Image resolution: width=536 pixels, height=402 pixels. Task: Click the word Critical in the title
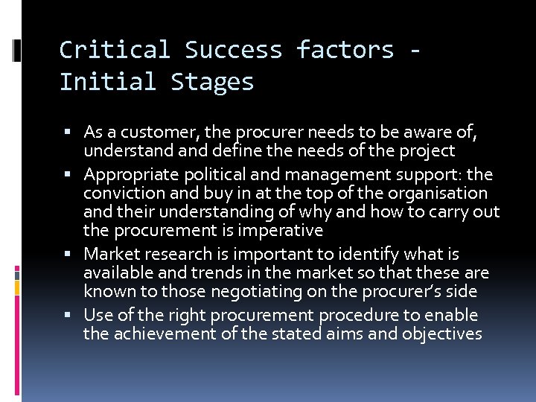coord(114,50)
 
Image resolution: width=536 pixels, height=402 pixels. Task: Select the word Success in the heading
coord(233,50)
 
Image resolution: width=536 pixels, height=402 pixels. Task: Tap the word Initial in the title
coord(108,82)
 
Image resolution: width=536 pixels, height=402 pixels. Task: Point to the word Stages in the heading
coord(212,82)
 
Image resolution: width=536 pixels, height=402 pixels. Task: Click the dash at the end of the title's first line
coord(415,50)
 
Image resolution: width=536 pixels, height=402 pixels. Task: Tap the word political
coord(215,175)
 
